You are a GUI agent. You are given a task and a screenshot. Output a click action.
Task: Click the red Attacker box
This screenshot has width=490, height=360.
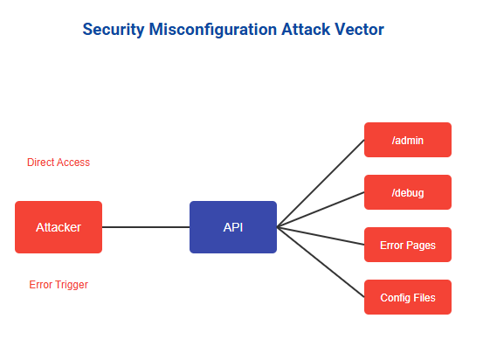pos(59,227)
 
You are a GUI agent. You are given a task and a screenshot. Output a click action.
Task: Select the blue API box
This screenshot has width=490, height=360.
pos(233,227)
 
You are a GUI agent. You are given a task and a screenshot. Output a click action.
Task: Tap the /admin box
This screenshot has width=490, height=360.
pos(408,140)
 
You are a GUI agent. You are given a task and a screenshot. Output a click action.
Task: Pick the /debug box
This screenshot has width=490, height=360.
pos(408,192)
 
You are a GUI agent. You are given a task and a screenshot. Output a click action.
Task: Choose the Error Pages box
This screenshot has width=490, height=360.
pos(408,245)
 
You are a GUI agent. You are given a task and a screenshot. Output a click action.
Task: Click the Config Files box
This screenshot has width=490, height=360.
pos(408,297)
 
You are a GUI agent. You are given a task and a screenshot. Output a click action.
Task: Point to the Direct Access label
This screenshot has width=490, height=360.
pos(59,163)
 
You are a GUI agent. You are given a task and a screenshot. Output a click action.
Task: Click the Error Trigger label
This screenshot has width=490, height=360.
pos(59,285)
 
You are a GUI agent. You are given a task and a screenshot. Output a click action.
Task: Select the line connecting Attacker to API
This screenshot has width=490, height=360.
pos(146,227)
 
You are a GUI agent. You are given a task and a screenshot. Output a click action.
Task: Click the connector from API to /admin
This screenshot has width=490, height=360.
pos(321,183)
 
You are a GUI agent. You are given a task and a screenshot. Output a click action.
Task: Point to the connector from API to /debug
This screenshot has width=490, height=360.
pos(321,210)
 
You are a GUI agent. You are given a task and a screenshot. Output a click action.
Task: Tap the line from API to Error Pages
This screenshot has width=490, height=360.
pos(321,236)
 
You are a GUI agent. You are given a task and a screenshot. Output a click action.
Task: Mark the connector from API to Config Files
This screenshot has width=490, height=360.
pos(321,262)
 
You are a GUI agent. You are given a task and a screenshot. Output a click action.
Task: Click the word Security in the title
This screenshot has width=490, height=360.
pos(114,30)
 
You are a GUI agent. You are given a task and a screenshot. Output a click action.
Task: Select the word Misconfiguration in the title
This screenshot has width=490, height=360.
pos(213,30)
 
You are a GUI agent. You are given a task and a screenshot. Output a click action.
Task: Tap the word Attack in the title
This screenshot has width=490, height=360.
pos(306,30)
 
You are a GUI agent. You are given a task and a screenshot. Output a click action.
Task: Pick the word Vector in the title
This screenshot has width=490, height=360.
pos(359,30)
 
